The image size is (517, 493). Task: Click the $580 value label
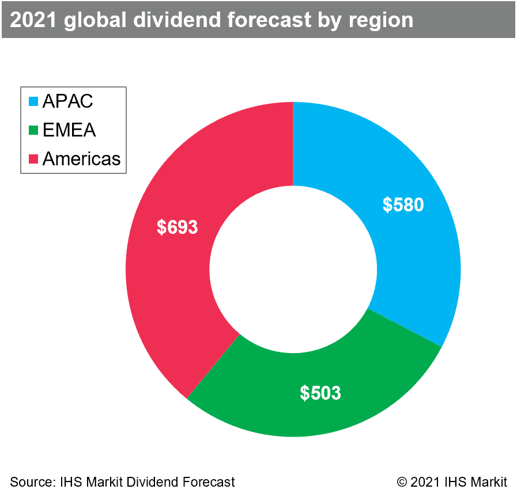(403, 204)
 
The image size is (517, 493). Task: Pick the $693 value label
(177, 227)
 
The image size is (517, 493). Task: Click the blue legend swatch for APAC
(33, 102)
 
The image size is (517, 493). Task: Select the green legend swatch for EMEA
(33, 130)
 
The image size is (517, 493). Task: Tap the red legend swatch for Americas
(33, 158)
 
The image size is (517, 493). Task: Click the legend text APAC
(67, 102)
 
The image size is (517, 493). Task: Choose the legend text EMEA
(69, 130)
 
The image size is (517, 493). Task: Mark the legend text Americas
(81, 158)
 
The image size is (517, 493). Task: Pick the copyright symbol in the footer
(402, 481)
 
